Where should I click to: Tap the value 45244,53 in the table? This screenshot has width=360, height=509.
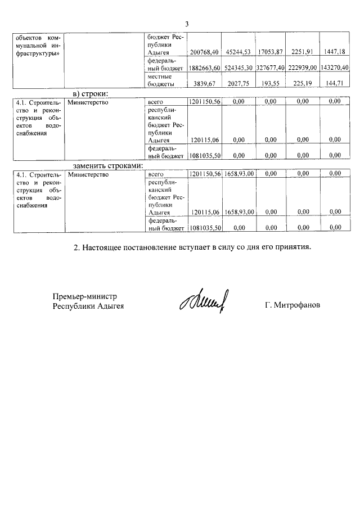[x=237, y=52]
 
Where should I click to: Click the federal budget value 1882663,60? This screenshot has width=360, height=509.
[x=203, y=68]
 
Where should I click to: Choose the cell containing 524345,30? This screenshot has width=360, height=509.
[x=237, y=68]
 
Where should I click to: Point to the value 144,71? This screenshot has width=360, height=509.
[x=336, y=83]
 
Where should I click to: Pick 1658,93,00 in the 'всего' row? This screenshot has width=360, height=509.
[x=238, y=175]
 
